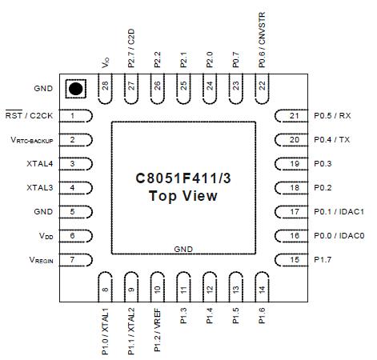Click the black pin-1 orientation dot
(75, 89)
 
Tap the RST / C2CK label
(29, 116)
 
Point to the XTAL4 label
(39, 164)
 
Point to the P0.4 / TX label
(332, 140)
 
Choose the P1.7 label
(323, 260)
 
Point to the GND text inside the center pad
(183, 250)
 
